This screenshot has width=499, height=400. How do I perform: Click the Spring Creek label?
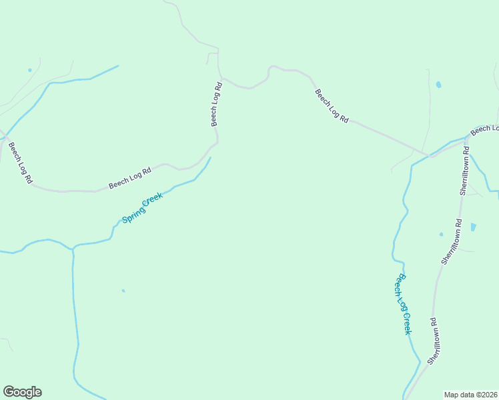(142, 208)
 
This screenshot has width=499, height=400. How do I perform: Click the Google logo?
(22, 392)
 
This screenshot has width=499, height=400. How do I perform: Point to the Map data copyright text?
(470, 394)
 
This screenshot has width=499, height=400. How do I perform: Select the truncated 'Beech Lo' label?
(485, 129)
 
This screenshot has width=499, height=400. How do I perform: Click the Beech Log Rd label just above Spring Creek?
(130, 177)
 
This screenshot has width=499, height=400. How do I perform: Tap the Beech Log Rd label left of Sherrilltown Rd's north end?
(332, 106)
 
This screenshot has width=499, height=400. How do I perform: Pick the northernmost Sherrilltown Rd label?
(464, 171)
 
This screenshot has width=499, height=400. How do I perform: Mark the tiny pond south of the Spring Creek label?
(123, 291)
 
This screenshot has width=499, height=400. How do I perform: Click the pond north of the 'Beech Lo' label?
(438, 85)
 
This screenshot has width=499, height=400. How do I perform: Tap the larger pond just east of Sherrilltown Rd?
(473, 227)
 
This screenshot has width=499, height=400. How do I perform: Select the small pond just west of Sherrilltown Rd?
(441, 234)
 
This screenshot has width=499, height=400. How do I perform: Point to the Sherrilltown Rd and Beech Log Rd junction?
(465, 143)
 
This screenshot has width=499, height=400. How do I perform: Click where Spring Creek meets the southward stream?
(72, 248)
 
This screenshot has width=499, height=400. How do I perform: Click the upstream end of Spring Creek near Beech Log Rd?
(210, 158)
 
